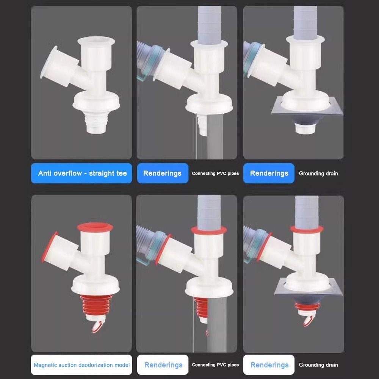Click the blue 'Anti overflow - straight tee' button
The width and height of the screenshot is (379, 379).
[x=82, y=173]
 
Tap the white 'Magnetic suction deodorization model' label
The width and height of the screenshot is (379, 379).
[x=81, y=365]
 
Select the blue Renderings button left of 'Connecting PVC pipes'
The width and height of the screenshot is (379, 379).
[x=162, y=173]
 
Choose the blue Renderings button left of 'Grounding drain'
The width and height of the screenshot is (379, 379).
[x=269, y=173]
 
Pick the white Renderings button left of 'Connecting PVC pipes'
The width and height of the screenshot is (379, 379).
[x=163, y=365]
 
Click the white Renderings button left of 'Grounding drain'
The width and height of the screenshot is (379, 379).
[x=269, y=365]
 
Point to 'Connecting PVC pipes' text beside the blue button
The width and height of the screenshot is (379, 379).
[x=215, y=174]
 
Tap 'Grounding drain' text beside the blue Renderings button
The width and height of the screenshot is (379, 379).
[x=318, y=174]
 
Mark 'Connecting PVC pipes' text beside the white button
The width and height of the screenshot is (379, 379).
[x=215, y=365]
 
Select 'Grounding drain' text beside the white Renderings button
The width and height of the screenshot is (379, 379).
[x=318, y=365]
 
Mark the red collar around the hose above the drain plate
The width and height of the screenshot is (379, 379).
[x=307, y=229]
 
